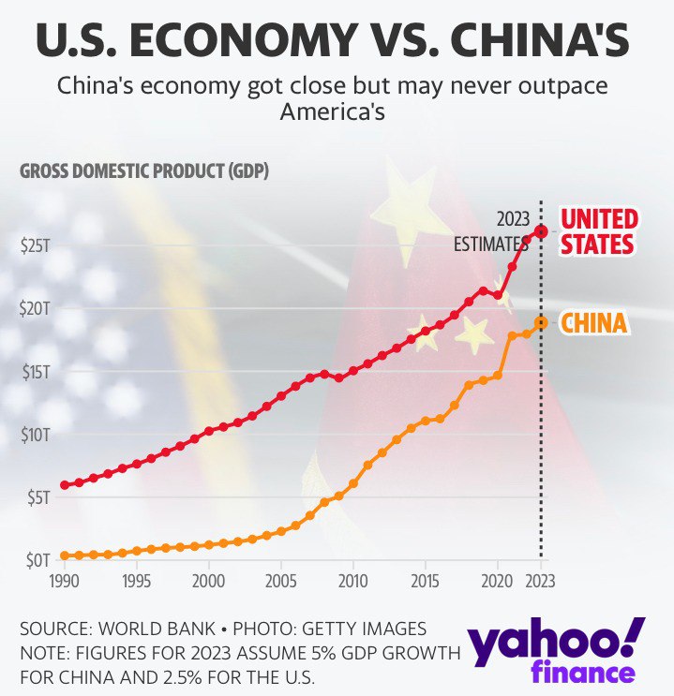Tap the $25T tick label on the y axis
(x=35, y=244)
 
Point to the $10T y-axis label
(x=35, y=435)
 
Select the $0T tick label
(x=37, y=560)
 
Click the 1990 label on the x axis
(x=65, y=581)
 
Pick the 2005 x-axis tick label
(x=281, y=581)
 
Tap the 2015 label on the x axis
(x=426, y=581)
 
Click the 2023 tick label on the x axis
(x=541, y=581)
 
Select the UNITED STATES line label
(x=598, y=231)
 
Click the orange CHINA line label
(x=593, y=324)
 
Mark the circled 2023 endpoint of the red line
(x=541, y=230)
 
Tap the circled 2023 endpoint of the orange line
(x=541, y=322)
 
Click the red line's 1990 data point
(x=65, y=485)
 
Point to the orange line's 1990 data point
(x=65, y=555)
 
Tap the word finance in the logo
(x=582, y=673)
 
